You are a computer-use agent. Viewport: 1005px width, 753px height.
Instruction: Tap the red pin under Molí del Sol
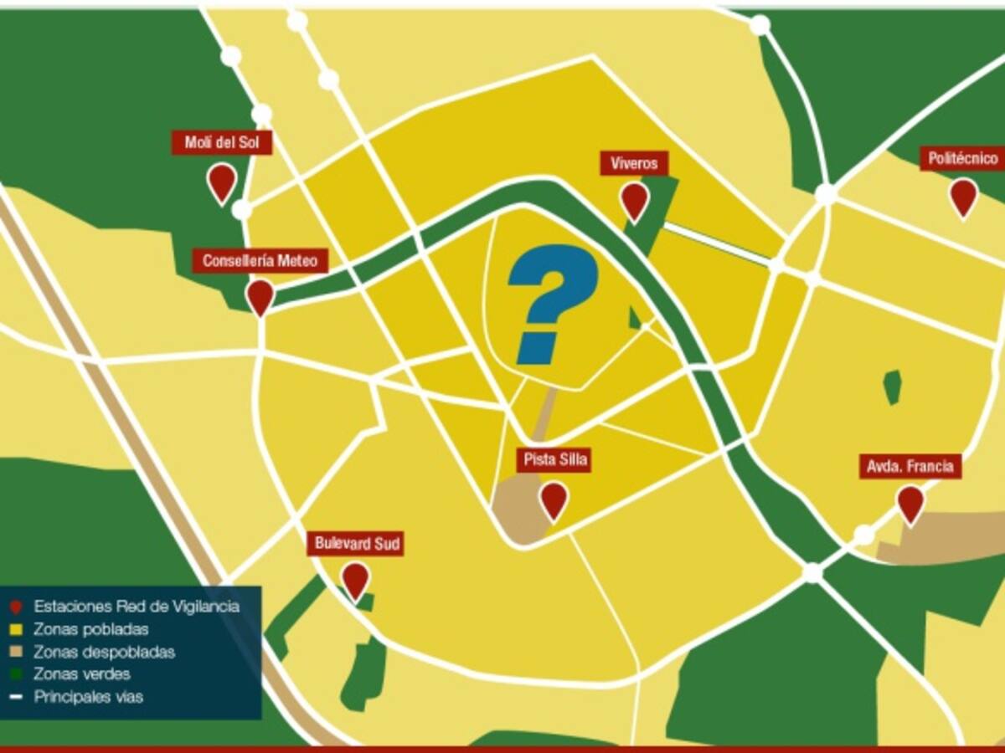(x=222, y=181)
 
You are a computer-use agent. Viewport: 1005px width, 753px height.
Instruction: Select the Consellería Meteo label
(x=260, y=261)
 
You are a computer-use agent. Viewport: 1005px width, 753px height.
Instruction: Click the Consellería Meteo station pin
(x=260, y=295)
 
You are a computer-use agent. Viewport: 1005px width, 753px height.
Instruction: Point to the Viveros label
(x=634, y=163)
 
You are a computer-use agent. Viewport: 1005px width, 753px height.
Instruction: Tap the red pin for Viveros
(x=634, y=200)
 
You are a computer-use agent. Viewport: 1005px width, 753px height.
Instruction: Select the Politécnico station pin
(x=963, y=196)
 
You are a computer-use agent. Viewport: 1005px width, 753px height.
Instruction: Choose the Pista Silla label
(x=554, y=459)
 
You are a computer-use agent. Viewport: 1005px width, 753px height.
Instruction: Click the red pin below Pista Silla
(x=554, y=499)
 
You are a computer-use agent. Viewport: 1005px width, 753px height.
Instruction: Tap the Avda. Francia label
(x=910, y=466)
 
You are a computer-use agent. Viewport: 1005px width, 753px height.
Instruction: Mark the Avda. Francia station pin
(x=910, y=503)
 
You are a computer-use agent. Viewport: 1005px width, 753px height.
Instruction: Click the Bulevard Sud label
(x=356, y=543)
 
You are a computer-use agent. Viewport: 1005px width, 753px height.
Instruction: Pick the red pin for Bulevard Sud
(x=356, y=579)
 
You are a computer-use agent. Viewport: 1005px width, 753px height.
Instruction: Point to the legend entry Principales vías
(x=88, y=696)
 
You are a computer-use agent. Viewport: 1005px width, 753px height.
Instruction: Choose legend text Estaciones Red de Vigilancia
(x=137, y=607)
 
